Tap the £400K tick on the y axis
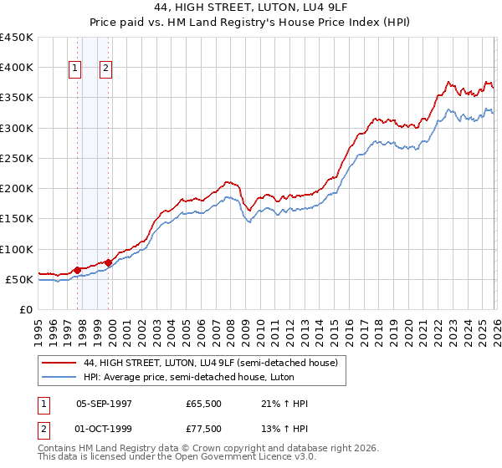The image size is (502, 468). click(x=17, y=68)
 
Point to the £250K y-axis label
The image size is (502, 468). click(x=17, y=158)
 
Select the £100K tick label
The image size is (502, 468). click(x=17, y=249)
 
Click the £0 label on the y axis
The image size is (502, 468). click(x=26, y=309)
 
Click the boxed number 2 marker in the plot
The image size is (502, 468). click(x=107, y=69)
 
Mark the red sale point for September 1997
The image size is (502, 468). click(x=77, y=270)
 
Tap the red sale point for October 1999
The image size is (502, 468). click(x=108, y=262)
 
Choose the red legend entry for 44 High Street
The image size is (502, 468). click(x=210, y=363)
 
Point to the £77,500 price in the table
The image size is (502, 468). click(x=204, y=430)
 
